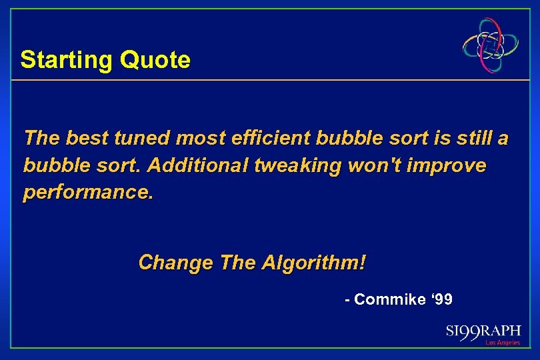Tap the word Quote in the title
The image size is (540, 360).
(155, 61)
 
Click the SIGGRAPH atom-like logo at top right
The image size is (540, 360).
(491, 45)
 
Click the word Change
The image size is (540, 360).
(175, 263)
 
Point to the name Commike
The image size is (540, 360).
(390, 300)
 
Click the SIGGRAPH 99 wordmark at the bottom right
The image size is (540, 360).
(483, 332)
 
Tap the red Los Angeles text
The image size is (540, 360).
(503, 343)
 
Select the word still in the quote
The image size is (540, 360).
(475, 139)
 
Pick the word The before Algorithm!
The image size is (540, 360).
(233, 263)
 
